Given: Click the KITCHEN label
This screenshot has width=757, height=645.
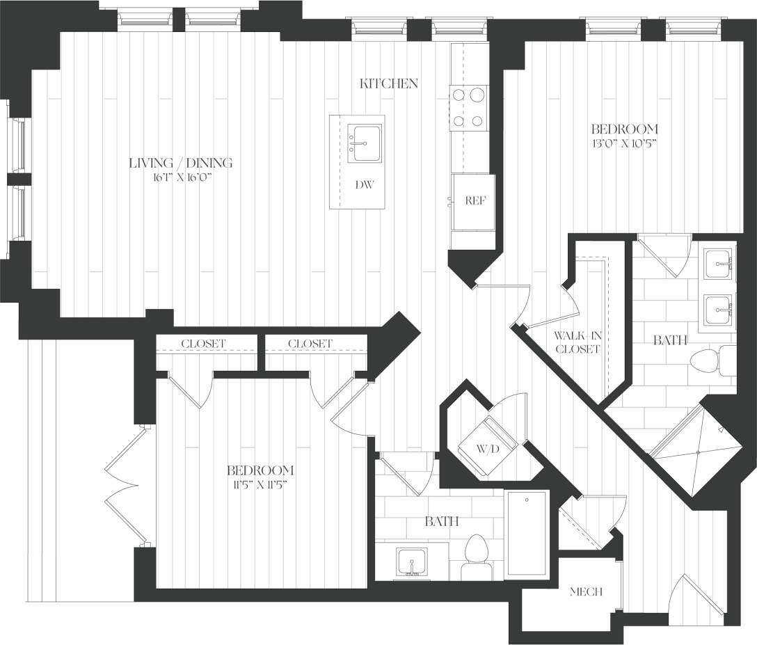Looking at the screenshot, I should coord(388,83).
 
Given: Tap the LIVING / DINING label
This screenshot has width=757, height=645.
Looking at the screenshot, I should coord(180,163).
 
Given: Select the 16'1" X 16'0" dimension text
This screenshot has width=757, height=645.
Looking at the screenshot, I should coord(180,177).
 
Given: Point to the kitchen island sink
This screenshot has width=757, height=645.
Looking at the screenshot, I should coord(364,143).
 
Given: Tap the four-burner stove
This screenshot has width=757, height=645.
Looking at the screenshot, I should coord(468,107).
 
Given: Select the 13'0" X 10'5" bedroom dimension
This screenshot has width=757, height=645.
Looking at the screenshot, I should coord(624,144).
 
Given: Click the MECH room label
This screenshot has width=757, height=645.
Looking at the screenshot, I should coord(585,592).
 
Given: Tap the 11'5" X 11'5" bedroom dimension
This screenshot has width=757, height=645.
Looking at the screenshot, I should coord(260,484).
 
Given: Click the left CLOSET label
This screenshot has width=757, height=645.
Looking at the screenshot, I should coord(203,344).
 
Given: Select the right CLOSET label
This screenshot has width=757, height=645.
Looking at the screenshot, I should coord(310,344).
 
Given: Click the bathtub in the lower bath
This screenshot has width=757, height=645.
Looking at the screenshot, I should coord(526,534).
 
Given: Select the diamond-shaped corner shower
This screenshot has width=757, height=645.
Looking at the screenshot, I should coord(696,450).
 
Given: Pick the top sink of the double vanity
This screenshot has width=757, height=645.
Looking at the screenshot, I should coord(717,263).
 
